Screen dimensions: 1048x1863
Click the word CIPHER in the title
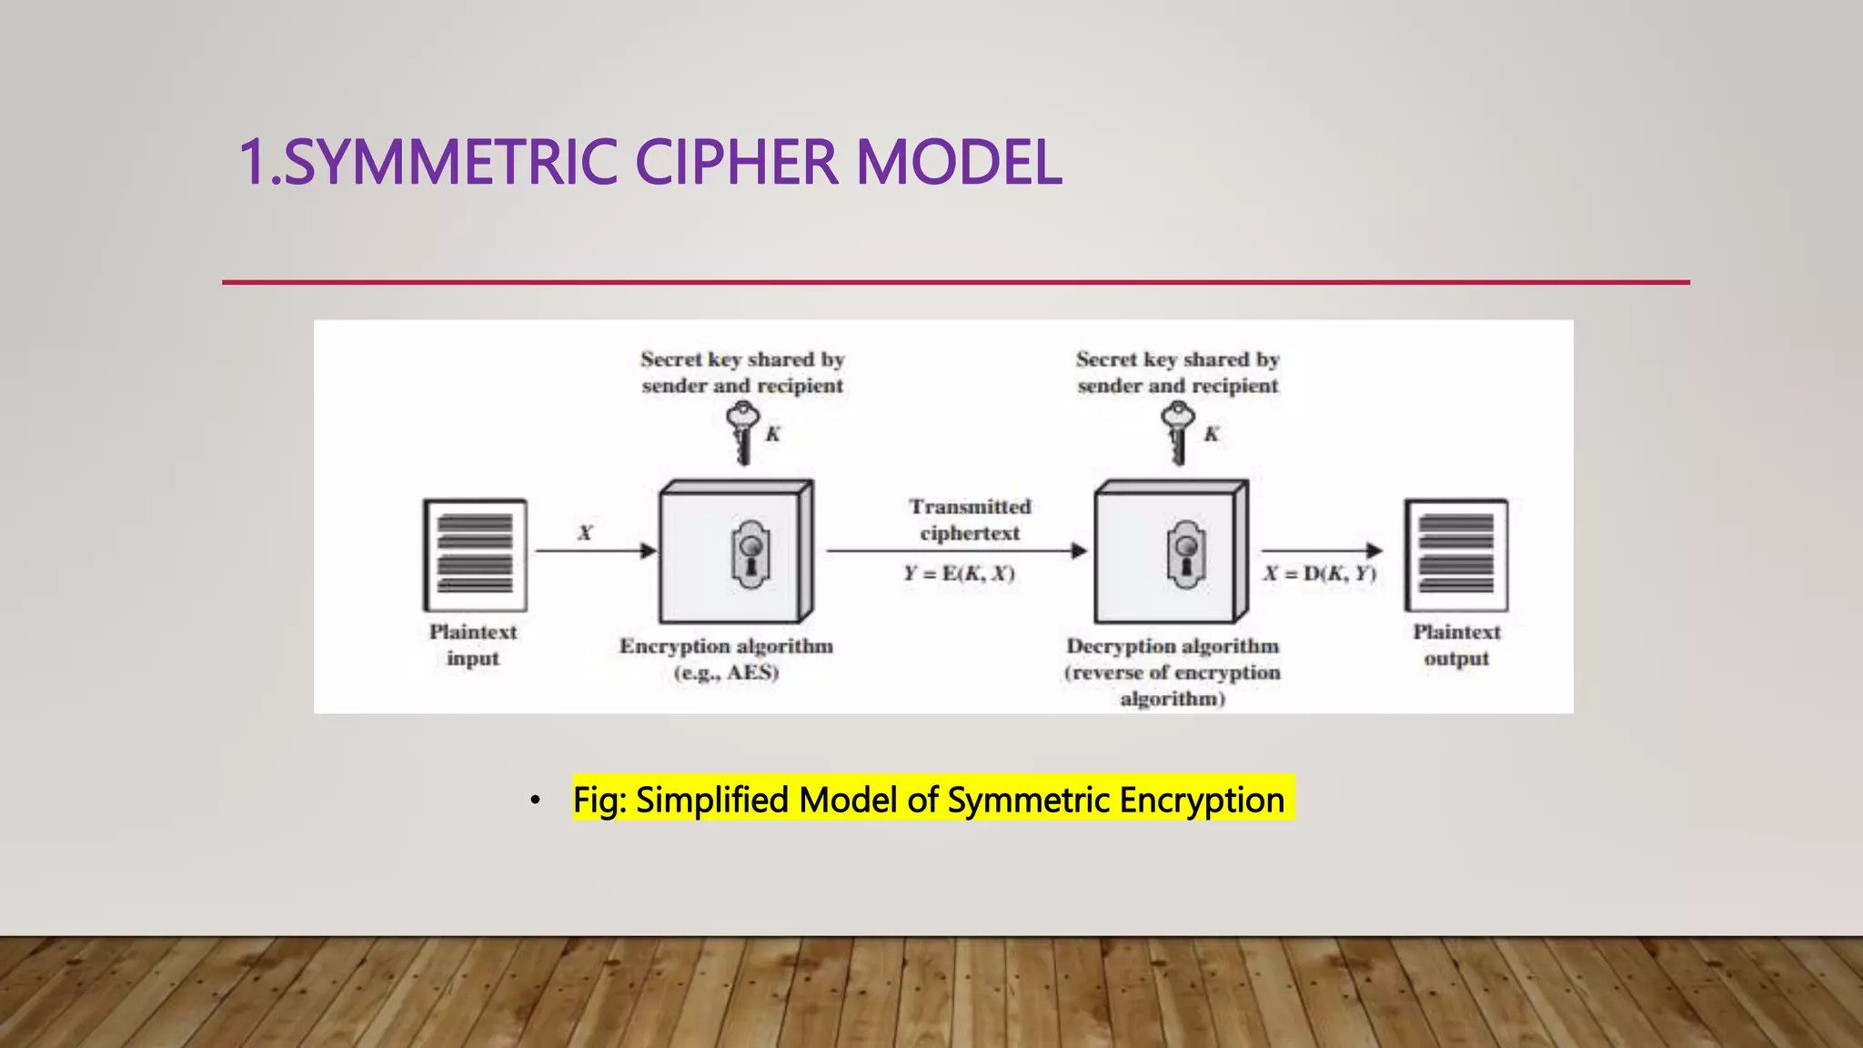click(x=735, y=162)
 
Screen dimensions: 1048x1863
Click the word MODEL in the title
click(x=959, y=162)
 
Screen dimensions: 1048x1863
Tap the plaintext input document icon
click(x=475, y=554)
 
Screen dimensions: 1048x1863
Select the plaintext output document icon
click(x=1455, y=554)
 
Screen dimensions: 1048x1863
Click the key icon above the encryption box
click(x=743, y=432)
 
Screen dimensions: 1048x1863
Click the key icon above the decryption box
click(x=1178, y=432)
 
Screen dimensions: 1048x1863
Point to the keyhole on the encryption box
click(x=750, y=554)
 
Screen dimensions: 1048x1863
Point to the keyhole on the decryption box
click(x=1186, y=554)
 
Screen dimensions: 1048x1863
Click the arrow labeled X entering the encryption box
click(x=595, y=550)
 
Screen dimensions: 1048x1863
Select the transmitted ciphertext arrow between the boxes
click(x=955, y=550)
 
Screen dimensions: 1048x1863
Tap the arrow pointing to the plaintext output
click(x=1321, y=550)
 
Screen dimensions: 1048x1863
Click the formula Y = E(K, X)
click(x=959, y=573)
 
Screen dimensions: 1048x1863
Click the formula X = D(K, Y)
click(x=1320, y=573)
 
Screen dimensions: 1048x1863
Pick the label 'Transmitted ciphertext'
click(x=970, y=519)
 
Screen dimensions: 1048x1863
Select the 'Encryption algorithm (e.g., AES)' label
click(x=726, y=659)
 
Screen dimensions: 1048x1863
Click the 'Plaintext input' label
click(x=473, y=644)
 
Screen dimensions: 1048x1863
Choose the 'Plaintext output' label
click(x=1456, y=644)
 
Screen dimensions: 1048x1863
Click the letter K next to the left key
click(x=772, y=434)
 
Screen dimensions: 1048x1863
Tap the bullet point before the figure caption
click(x=536, y=801)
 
